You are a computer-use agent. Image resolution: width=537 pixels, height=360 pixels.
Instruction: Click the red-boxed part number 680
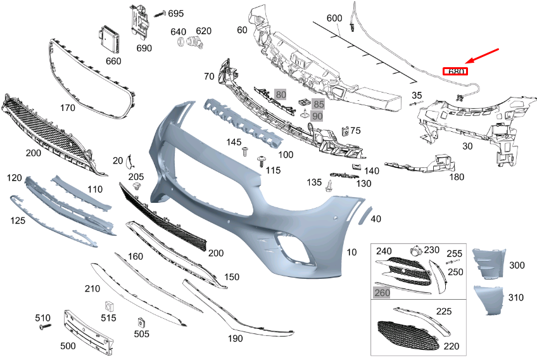pos(456,72)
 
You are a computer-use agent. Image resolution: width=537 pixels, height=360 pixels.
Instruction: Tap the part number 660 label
pos(113,61)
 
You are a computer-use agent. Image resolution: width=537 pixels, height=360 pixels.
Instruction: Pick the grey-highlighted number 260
pos(382,292)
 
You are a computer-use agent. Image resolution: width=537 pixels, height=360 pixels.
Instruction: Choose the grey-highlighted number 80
pos(281,95)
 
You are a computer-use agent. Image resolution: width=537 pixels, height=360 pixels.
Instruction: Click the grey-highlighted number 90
pos(317,115)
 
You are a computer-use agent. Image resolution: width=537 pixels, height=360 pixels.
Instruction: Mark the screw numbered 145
pos(244,152)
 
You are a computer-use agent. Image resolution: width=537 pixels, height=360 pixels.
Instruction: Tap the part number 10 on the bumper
pos(351,252)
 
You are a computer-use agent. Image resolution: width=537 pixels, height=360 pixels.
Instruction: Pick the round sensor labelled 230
pos(415,250)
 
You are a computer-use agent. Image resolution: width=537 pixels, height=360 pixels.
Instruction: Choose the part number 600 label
pos(334,18)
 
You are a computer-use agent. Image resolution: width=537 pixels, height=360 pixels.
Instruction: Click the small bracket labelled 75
pos(346,131)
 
